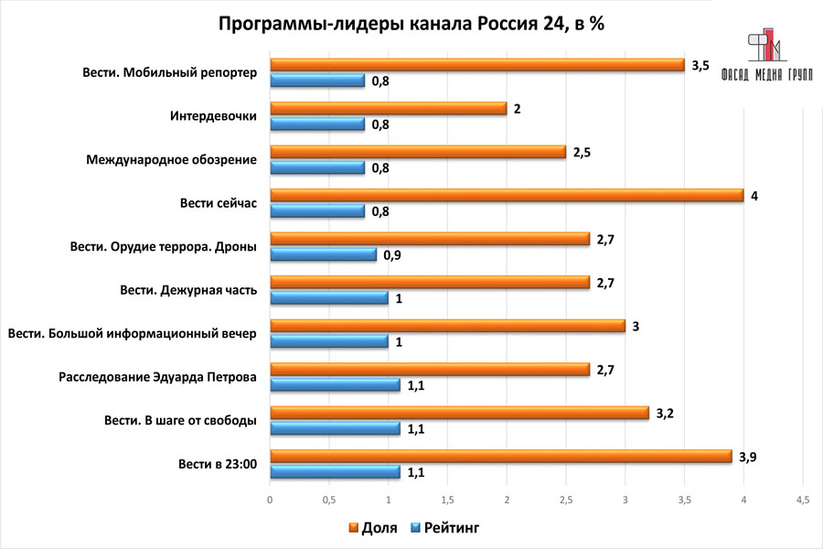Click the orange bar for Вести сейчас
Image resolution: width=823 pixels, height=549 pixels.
tap(506, 195)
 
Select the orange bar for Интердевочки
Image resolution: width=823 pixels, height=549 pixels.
tap(388, 108)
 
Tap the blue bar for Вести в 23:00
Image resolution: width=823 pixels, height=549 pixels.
tap(335, 472)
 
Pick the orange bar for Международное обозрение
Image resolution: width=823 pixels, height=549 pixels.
tap(417, 152)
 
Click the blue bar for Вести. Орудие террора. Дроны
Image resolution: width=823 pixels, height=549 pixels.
tap(323, 254)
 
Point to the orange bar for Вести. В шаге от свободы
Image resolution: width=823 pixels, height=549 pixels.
tap(459, 413)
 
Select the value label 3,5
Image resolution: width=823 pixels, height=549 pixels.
tap(700, 65)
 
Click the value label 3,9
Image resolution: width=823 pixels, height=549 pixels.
tap(748, 457)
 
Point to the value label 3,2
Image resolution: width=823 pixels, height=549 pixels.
tap(665, 414)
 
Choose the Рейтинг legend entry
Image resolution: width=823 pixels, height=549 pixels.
tap(444, 528)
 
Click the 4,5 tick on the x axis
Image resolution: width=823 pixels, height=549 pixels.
tap(802, 500)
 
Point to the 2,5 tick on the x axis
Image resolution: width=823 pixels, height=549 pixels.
tap(566, 500)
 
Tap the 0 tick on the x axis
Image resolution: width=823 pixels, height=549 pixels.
tap(270, 500)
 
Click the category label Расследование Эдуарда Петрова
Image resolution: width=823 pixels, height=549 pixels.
tap(157, 377)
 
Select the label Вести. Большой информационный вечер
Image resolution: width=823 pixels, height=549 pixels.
tap(132, 333)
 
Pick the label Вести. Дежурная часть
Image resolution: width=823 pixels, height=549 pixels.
tap(188, 290)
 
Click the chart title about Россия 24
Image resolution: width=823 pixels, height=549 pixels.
tap(411, 24)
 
